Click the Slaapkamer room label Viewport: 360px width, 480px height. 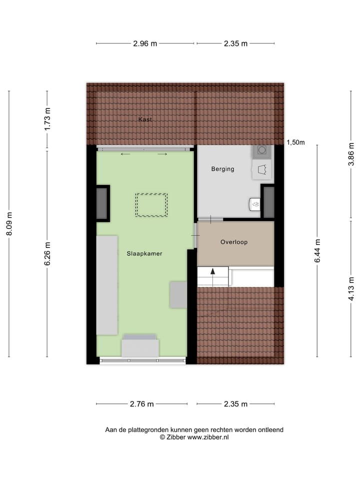coord(144,253)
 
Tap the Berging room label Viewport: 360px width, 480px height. coord(222,169)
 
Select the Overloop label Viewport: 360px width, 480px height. coord(234,242)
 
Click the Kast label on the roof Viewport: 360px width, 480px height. coord(145,119)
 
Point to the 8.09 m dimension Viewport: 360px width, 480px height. coord(9,224)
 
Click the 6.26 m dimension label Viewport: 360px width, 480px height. coord(47,254)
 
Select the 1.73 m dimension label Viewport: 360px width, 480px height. coord(47,120)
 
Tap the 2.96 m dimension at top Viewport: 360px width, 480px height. coord(145,43)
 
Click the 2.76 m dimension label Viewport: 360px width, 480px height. coord(141,404)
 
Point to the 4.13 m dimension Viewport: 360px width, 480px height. coord(351,288)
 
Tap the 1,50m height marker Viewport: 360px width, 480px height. coord(295,142)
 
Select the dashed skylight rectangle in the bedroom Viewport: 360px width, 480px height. coord(151,205)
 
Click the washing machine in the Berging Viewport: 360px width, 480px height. coord(261,151)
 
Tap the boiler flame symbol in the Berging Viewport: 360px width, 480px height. coord(255,204)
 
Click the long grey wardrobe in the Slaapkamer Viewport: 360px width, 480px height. coord(107,285)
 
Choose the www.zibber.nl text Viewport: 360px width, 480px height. coord(208,437)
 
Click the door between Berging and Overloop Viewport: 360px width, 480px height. coord(210,219)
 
